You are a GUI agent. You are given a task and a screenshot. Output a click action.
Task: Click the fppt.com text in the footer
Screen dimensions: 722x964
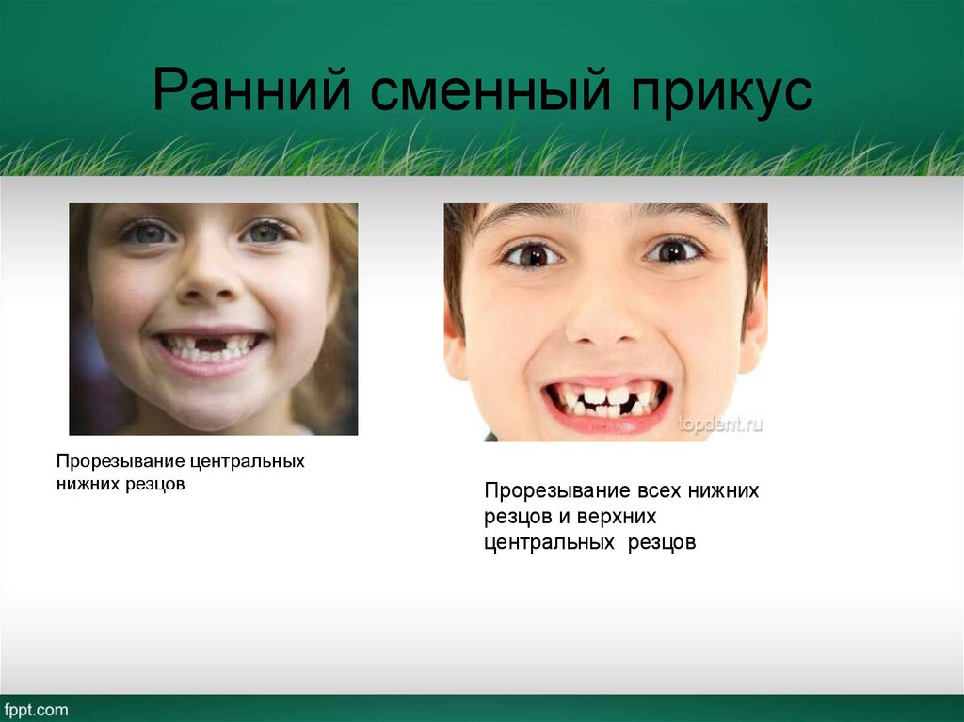tap(35, 710)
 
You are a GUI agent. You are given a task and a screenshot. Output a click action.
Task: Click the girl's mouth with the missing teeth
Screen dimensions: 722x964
tap(211, 346)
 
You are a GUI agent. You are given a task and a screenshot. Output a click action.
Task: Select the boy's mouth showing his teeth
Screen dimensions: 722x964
tap(606, 399)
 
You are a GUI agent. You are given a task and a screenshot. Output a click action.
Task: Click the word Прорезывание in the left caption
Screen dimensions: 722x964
tap(120, 462)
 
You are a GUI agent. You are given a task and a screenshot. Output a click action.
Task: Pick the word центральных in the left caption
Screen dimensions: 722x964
tap(247, 462)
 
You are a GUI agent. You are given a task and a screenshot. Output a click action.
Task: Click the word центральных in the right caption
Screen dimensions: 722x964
tap(547, 543)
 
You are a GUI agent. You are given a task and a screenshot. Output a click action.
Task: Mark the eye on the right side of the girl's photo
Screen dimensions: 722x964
tap(265, 232)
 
